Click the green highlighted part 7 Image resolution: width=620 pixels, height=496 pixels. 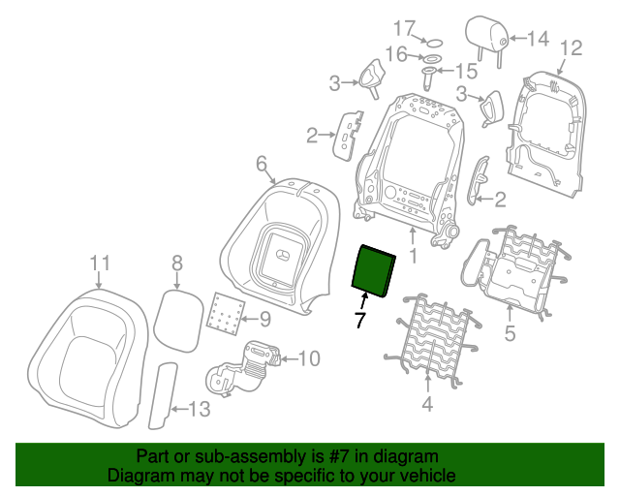373,270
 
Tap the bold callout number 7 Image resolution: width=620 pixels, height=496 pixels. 359,320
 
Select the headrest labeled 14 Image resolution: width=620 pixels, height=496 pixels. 486,40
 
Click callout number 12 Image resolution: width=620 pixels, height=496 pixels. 572,47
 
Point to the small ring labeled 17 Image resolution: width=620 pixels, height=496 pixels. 434,43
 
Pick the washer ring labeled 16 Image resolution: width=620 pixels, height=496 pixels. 433,58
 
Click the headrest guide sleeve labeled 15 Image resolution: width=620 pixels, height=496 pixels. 429,78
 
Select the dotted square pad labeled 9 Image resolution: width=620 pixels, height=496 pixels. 226,314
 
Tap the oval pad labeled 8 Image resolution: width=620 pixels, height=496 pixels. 177,321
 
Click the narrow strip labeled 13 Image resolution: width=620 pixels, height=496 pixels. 163,396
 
